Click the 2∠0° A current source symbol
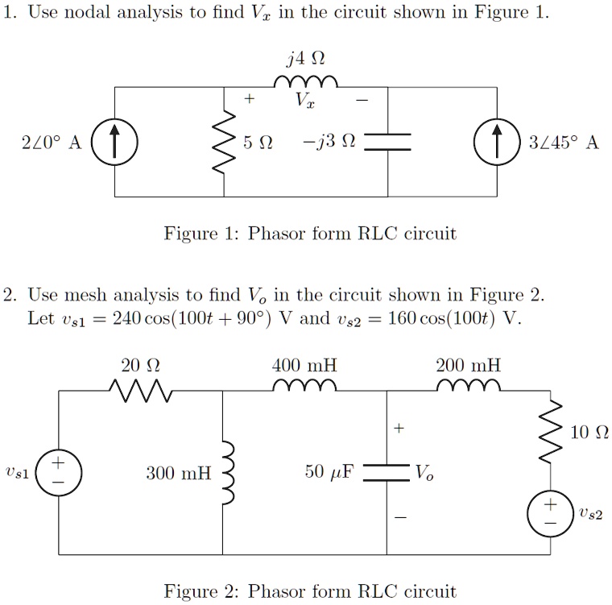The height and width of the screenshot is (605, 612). click(114, 142)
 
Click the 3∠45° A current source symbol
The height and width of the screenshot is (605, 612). click(497, 142)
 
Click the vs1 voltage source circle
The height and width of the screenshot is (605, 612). click(59, 472)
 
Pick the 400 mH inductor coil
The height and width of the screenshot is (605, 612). click(305, 387)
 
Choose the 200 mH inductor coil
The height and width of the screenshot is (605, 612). click(469, 387)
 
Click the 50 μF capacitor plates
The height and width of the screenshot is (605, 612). click(387, 473)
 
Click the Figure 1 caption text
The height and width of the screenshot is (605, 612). click(310, 234)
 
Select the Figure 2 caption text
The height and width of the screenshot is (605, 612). click(310, 591)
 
